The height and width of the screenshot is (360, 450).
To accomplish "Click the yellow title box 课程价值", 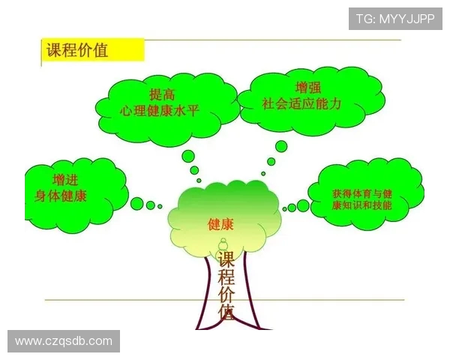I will [91, 51].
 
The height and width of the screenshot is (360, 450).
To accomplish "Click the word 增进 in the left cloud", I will [64, 181].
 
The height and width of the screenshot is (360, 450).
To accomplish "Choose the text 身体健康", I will [64, 196].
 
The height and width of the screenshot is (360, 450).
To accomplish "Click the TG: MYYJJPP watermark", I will [394, 19].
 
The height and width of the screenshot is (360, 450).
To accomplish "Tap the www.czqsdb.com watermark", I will [64, 341].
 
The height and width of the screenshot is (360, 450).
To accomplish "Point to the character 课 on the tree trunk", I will [226, 259].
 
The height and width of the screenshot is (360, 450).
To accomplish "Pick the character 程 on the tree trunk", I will [226, 280].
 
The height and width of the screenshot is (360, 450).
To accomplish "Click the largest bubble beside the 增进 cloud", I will [137, 203].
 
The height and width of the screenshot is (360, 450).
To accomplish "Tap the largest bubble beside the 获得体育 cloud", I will [303, 205].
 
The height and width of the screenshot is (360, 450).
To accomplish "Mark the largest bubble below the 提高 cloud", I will [188, 157].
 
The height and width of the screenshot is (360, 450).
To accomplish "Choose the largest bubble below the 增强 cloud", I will [280, 147].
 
